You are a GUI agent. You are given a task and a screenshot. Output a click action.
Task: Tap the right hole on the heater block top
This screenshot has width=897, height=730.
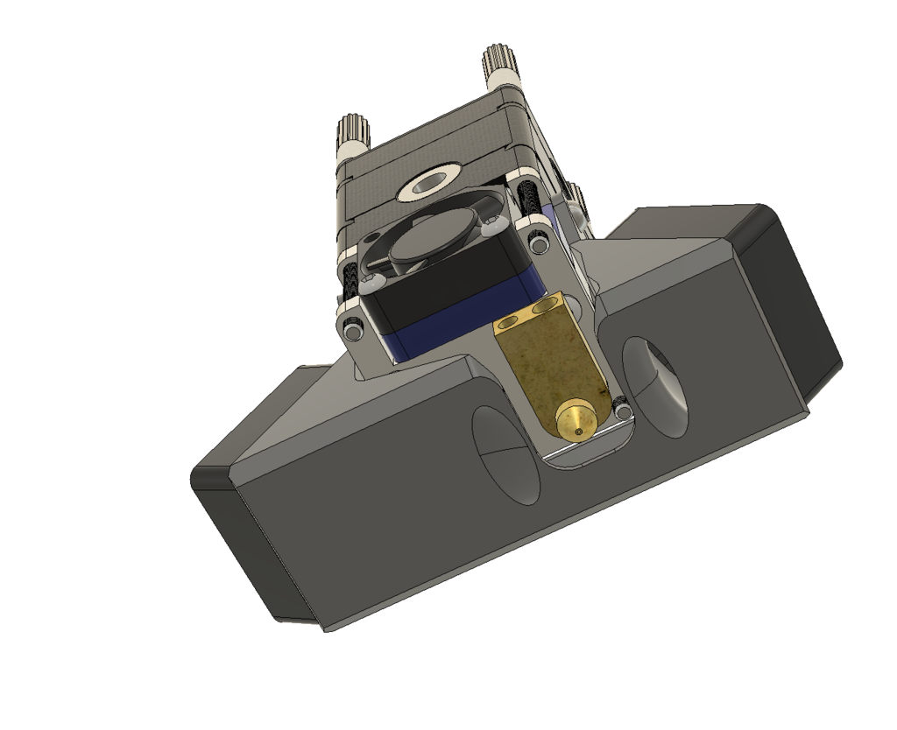click(549, 307)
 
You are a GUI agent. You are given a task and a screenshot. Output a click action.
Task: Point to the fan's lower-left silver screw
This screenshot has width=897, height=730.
click(371, 281)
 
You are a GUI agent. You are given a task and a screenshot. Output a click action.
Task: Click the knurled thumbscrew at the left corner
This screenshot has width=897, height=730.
click(354, 135)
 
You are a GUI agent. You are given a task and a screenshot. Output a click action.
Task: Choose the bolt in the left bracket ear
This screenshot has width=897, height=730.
click(353, 331)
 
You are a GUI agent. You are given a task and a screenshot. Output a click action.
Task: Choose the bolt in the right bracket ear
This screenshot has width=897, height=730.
click(537, 235)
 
